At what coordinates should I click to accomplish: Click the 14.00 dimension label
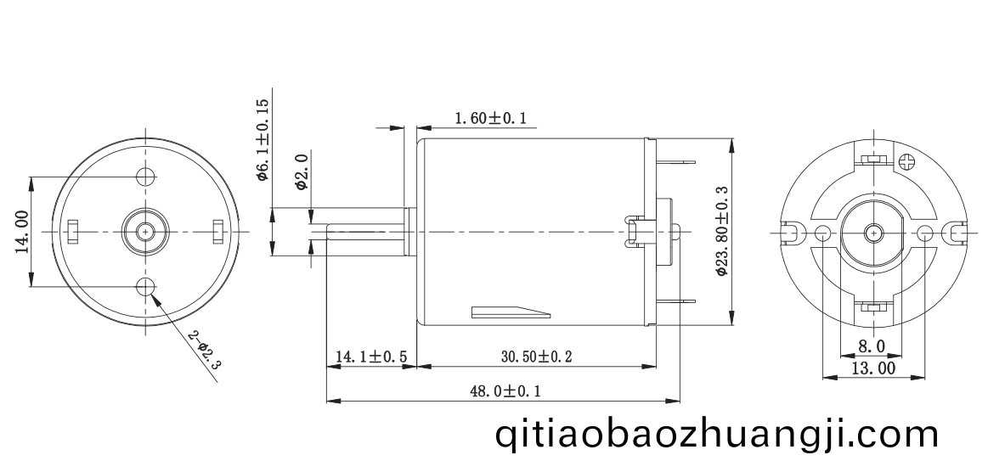coord(23,232)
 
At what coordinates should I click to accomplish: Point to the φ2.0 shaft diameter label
coord(302,171)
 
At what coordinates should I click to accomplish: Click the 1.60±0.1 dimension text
coord(490,118)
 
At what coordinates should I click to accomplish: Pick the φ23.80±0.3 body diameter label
coord(722,231)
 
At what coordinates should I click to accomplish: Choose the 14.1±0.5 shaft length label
coord(371,357)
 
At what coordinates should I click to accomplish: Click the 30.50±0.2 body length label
coord(536,357)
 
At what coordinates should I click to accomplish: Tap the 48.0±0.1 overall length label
coord(505,391)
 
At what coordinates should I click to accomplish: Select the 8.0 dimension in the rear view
coord(872,346)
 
